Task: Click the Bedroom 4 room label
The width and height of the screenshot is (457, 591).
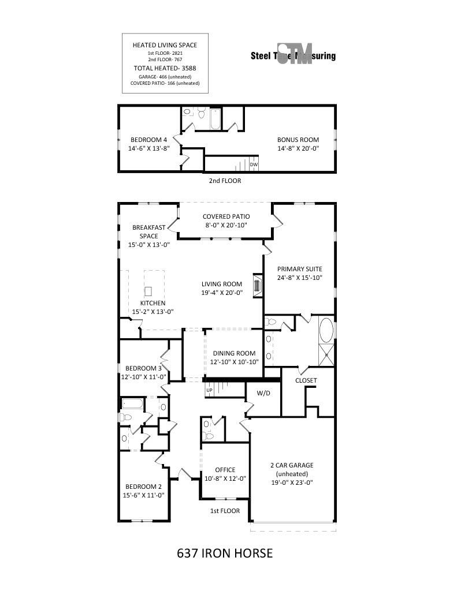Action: pos(148,140)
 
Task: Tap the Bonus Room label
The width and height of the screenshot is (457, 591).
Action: pos(298,140)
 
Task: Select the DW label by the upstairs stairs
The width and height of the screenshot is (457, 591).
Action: pos(254,165)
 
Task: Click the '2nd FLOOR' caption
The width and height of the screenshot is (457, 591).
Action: pos(225,181)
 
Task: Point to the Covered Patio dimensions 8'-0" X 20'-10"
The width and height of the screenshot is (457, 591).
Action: pos(225,225)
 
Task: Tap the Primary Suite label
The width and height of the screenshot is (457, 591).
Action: pos(299,269)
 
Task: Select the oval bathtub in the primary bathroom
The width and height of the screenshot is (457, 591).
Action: pos(326,330)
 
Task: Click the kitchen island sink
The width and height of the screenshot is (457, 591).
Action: pos(148,290)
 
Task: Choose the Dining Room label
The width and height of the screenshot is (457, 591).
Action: pos(234,354)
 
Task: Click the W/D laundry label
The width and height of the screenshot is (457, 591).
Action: pos(263,393)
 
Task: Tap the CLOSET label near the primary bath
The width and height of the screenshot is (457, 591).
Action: pos(306,381)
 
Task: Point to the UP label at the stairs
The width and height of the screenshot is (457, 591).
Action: pos(209,391)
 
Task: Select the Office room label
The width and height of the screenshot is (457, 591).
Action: pos(225,470)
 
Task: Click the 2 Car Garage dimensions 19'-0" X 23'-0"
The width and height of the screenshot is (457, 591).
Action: pos(292,482)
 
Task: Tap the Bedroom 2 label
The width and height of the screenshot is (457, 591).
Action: pos(143,486)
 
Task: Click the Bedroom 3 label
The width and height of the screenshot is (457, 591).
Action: pos(143,368)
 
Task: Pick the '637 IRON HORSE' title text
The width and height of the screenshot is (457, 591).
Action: pos(224,553)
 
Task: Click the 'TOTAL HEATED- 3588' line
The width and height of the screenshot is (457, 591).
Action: pos(165,68)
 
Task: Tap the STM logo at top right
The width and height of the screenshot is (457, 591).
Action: pos(294,55)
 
